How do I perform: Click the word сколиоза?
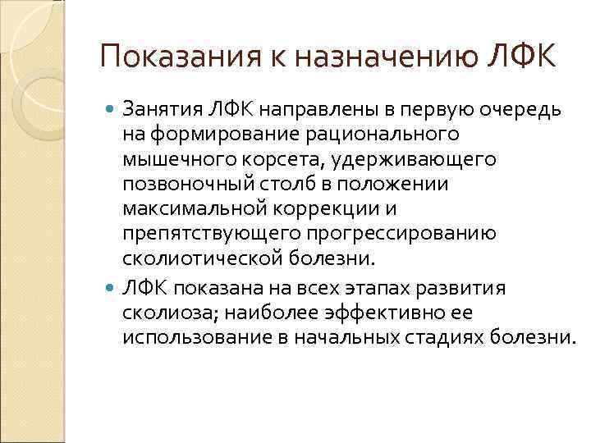[162, 313]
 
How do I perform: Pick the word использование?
[196, 337]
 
